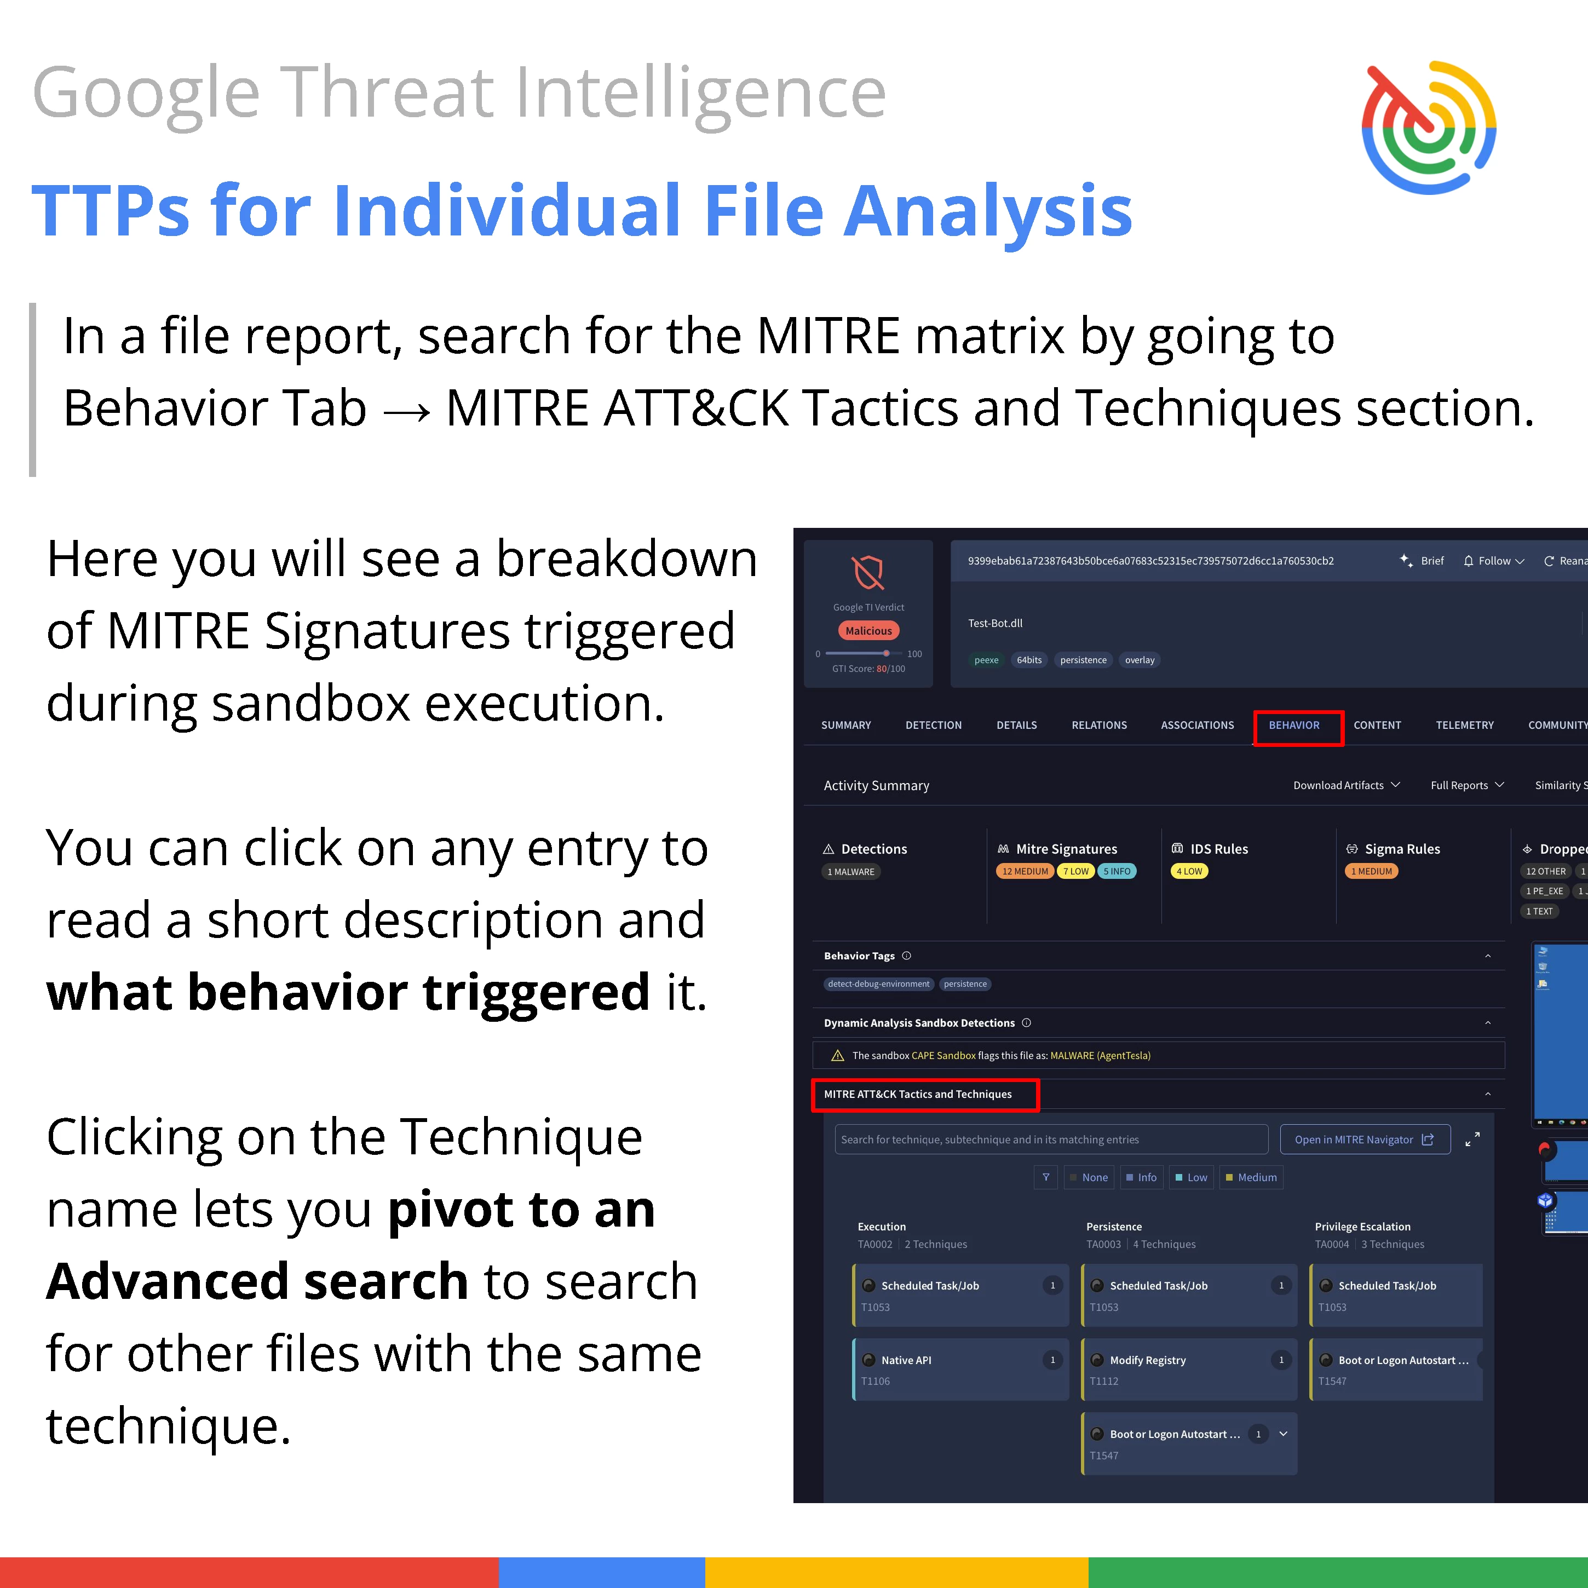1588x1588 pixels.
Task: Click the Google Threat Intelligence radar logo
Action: tap(1429, 128)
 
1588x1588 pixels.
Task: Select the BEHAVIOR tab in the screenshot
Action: tap(1294, 725)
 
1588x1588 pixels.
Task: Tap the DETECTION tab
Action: tap(933, 725)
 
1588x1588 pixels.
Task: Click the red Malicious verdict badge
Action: tap(869, 630)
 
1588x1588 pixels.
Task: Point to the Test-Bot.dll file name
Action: tap(996, 623)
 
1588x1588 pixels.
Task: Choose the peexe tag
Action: tap(986, 660)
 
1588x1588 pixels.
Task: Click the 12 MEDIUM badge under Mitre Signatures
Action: tap(1025, 871)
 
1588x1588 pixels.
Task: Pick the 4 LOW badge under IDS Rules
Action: tap(1188, 871)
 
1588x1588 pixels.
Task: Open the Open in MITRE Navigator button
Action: tap(1365, 1139)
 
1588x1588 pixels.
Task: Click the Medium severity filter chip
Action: tap(1251, 1177)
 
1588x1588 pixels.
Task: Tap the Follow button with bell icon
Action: tap(1493, 561)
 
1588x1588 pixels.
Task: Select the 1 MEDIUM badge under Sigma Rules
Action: tap(1371, 871)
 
